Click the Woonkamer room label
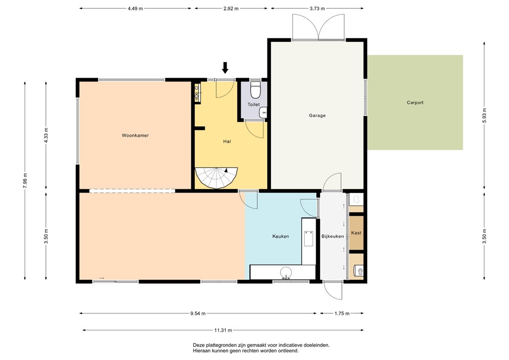point(135,135)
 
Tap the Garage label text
point(317,115)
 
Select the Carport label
point(415,103)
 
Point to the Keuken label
point(280,236)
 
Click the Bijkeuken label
point(333,236)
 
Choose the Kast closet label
point(356,233)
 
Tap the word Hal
point(227,141)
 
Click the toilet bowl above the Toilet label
point(255,90)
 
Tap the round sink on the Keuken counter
point(286,272)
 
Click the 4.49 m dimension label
point(135,8)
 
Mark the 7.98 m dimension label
point(25,179)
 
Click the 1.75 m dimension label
point(342,313)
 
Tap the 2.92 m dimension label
point(231,8)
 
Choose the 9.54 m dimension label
point(198,313)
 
